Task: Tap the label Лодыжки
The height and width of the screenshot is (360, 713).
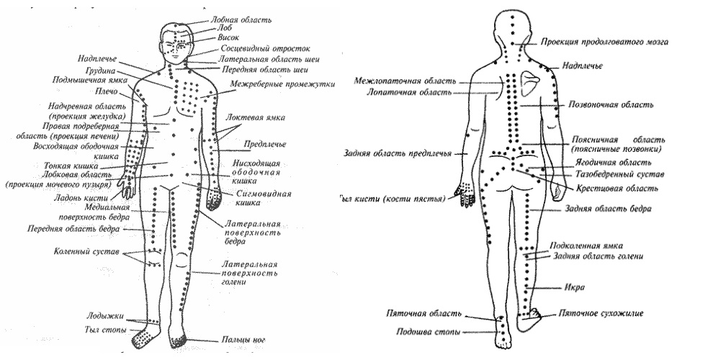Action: (x=104, y=317)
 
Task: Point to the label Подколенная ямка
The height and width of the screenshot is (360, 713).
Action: (x=587, y=245)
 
